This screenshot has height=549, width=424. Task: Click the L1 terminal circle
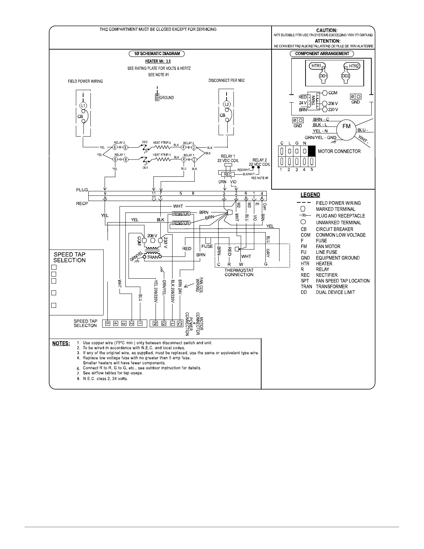[x=82, y=105]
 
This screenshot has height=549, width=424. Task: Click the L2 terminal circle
[x=227, y=104]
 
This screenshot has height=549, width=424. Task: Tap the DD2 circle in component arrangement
[x=345, y=76]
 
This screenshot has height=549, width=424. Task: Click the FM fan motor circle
[x=346, y=127]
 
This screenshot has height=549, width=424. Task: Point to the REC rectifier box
[x=228, y=175]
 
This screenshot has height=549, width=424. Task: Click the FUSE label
[x=207, y=246]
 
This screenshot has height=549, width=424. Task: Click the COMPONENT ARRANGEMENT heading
[x=322, y=54]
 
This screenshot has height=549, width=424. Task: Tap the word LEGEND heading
[x=310, y=195]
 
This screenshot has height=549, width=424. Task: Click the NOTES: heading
[x=61, y=343]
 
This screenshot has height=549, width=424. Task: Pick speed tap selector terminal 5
[x=108, y=324]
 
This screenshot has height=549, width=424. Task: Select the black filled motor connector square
[x=312, y=151]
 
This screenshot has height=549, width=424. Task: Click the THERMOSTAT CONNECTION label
[x=239, y=272]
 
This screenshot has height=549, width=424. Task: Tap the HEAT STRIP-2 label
[x=162, y=143]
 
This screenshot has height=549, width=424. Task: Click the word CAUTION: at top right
[x=327, y=31]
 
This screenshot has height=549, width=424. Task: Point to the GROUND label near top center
[x=167, y=98]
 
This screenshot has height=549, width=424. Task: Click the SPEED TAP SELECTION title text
[x=69, y=258]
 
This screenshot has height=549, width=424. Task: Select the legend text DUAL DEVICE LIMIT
[x=335, y=292]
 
